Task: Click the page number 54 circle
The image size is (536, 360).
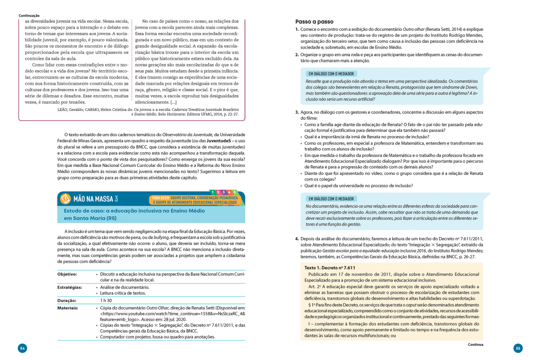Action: click(x=22, y=348)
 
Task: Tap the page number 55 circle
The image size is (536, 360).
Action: click(x=518, y=348)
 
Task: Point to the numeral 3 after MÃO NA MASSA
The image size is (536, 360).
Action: click(x=116, y=199)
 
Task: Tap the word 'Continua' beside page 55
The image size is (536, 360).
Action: click(x=475, y=345)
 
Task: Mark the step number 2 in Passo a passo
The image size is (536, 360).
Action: click(x=297, y=54)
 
